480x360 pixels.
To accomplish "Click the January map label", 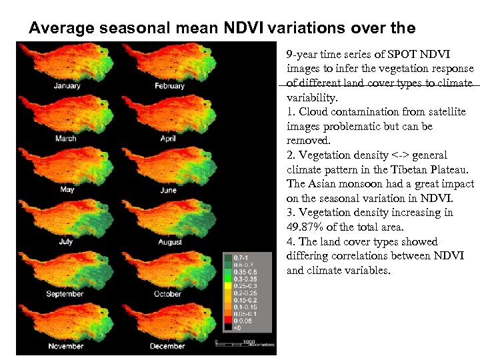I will pyautogui.click(x=67, y=86).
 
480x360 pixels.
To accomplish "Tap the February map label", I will pyautogui.click(x=169, y=86).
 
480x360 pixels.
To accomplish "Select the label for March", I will pyautogui.click(x=65, y=139).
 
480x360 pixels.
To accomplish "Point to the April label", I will pyautogui.click(x=168, y=139).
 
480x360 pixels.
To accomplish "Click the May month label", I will pyautogui.click(x=67, y=190).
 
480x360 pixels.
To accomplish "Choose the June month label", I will pyautogui.click(x=169, y=191).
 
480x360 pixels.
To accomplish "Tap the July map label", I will pyautogui.click(x=66, y=242).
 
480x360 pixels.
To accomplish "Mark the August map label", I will pyautogui.click(x=170, y=242).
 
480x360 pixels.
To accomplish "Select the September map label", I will pyautogui.click(x=65, y=294).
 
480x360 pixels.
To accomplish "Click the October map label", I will pyautogui.click(x=167, y=294).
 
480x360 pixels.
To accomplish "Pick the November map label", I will pyautogui.click(x=65, y=346).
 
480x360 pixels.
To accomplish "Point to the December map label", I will pyautogui.click(x=167, y=346).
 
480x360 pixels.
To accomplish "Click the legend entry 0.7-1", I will pyautogui.click(x=237, y=257).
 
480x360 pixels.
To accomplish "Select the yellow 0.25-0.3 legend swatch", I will pyautogui.click(x=227, y=286).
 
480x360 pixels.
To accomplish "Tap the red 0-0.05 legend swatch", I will pyautogui.click(x=227, y=320).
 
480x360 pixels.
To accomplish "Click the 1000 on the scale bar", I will pyautogui.click(x=249, y=341).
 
